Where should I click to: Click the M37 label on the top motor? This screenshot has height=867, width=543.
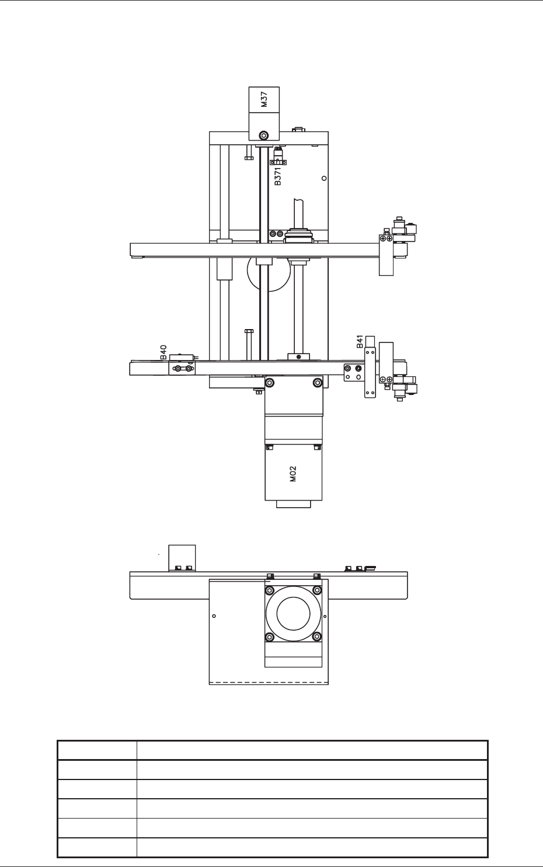(x=264, y=99)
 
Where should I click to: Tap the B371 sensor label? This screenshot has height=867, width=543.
(x=278, y=176)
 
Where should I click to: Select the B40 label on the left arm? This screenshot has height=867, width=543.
(x=163, y=352)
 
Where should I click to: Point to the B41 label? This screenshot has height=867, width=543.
(x=360, y=341)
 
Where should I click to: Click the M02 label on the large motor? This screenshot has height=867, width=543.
(x=293, y=474)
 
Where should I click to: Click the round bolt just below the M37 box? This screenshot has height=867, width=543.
(x=264, y=135)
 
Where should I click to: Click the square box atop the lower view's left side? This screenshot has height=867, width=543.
(x=182, y=558)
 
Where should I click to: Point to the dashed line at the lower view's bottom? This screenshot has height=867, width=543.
(x=269, y=681)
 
